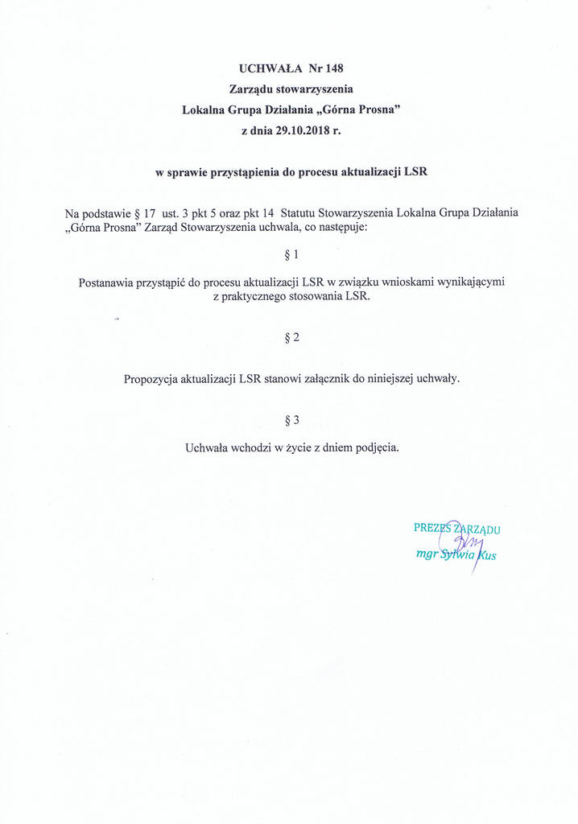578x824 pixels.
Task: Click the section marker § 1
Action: pyautogui.click(x=291, y=255)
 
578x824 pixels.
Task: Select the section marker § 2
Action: pyautogui.click(x=291, y=337)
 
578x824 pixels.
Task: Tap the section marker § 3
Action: pyautogui.click(x=291, y=420)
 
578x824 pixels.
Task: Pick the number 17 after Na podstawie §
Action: pyautogui.click(x=150, y=213)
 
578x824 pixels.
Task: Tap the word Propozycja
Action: pyautogui.click(x=151, y=379)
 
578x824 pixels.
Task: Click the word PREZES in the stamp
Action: pyautogui.click(x=431, y=529)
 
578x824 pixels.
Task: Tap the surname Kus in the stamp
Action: pyautogui.click(x=486, y=554)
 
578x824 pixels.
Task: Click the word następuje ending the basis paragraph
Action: pyautogui.click(x=341, y=228)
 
